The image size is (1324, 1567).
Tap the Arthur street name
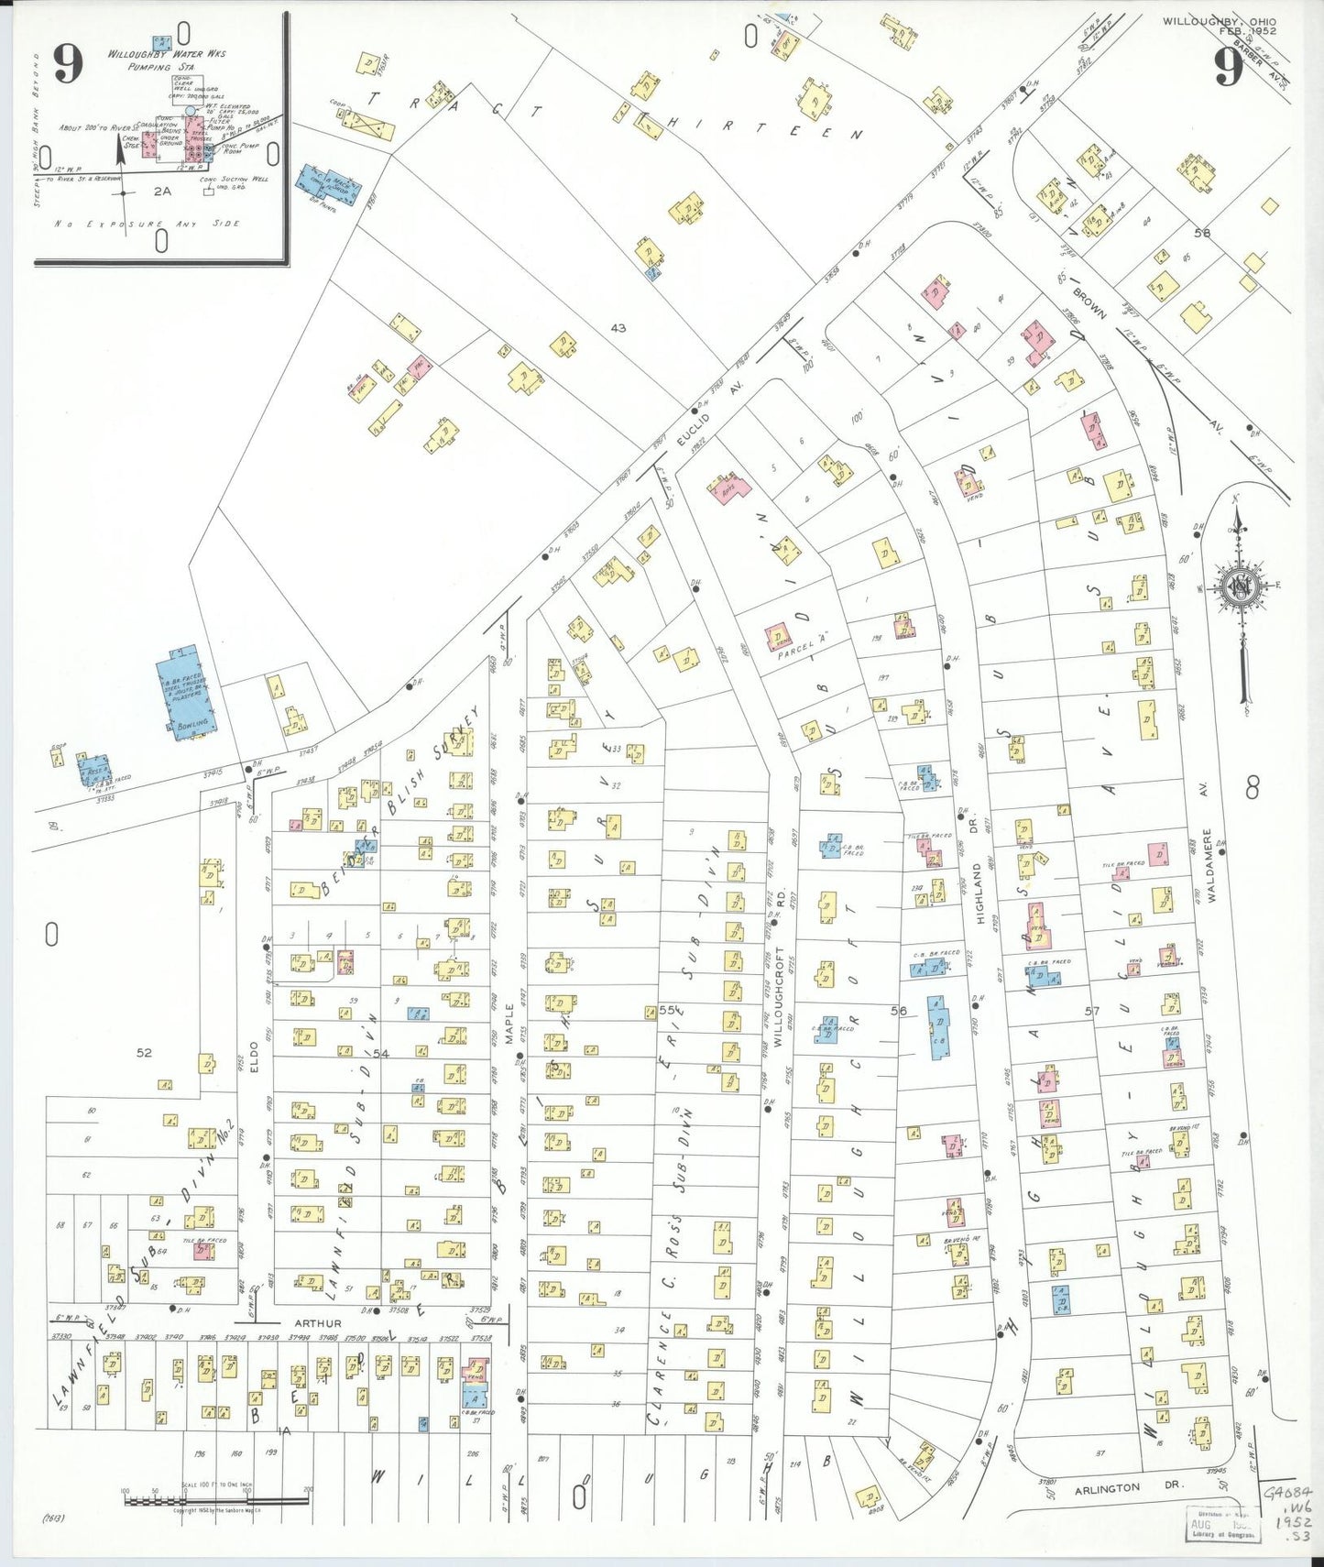pos(318,1323)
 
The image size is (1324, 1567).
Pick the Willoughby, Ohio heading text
pos(1219,20)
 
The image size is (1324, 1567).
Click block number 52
pos(144,1053)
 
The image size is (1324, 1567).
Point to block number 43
pos(618,327)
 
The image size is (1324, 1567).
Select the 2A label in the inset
pos(162,192)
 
